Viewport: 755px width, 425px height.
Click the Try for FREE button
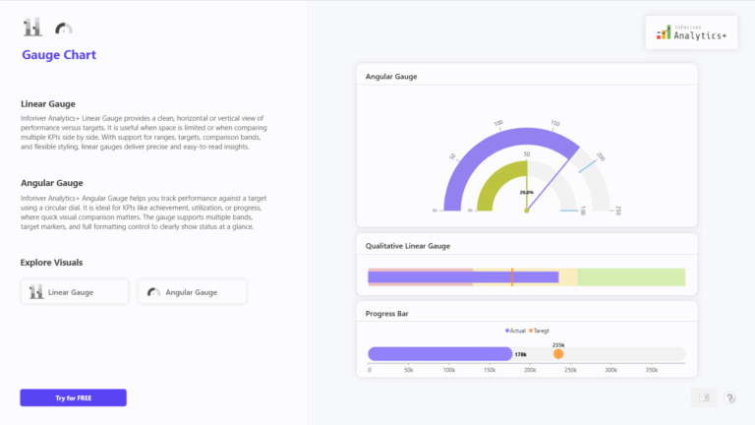(x=73, y=397)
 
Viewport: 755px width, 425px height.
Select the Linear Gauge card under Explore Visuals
(x=75, y=291)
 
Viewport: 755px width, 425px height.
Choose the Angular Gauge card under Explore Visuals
(x=192, y=291)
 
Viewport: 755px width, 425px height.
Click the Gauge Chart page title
(x=59, y=55)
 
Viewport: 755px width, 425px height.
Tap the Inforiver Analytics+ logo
(x=691, y=32)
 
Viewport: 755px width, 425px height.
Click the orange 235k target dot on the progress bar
(x=558, y=353)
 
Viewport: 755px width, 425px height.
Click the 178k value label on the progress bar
(x=521, y=354)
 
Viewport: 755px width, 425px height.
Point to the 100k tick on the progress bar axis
(x=449, y=370)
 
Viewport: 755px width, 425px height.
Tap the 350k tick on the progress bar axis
(x=651, y=370)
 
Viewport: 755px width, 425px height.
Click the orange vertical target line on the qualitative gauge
(x=512, y=276)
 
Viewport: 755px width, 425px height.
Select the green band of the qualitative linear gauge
(x=629, y=276)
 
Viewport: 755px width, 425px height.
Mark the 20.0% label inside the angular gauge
(x=527, y=193)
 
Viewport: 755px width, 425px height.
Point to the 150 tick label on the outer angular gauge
(x=555, y=124)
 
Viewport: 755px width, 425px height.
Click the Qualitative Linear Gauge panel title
(x=408, y=245)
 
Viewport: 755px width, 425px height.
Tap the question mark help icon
(x=729, y=397)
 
